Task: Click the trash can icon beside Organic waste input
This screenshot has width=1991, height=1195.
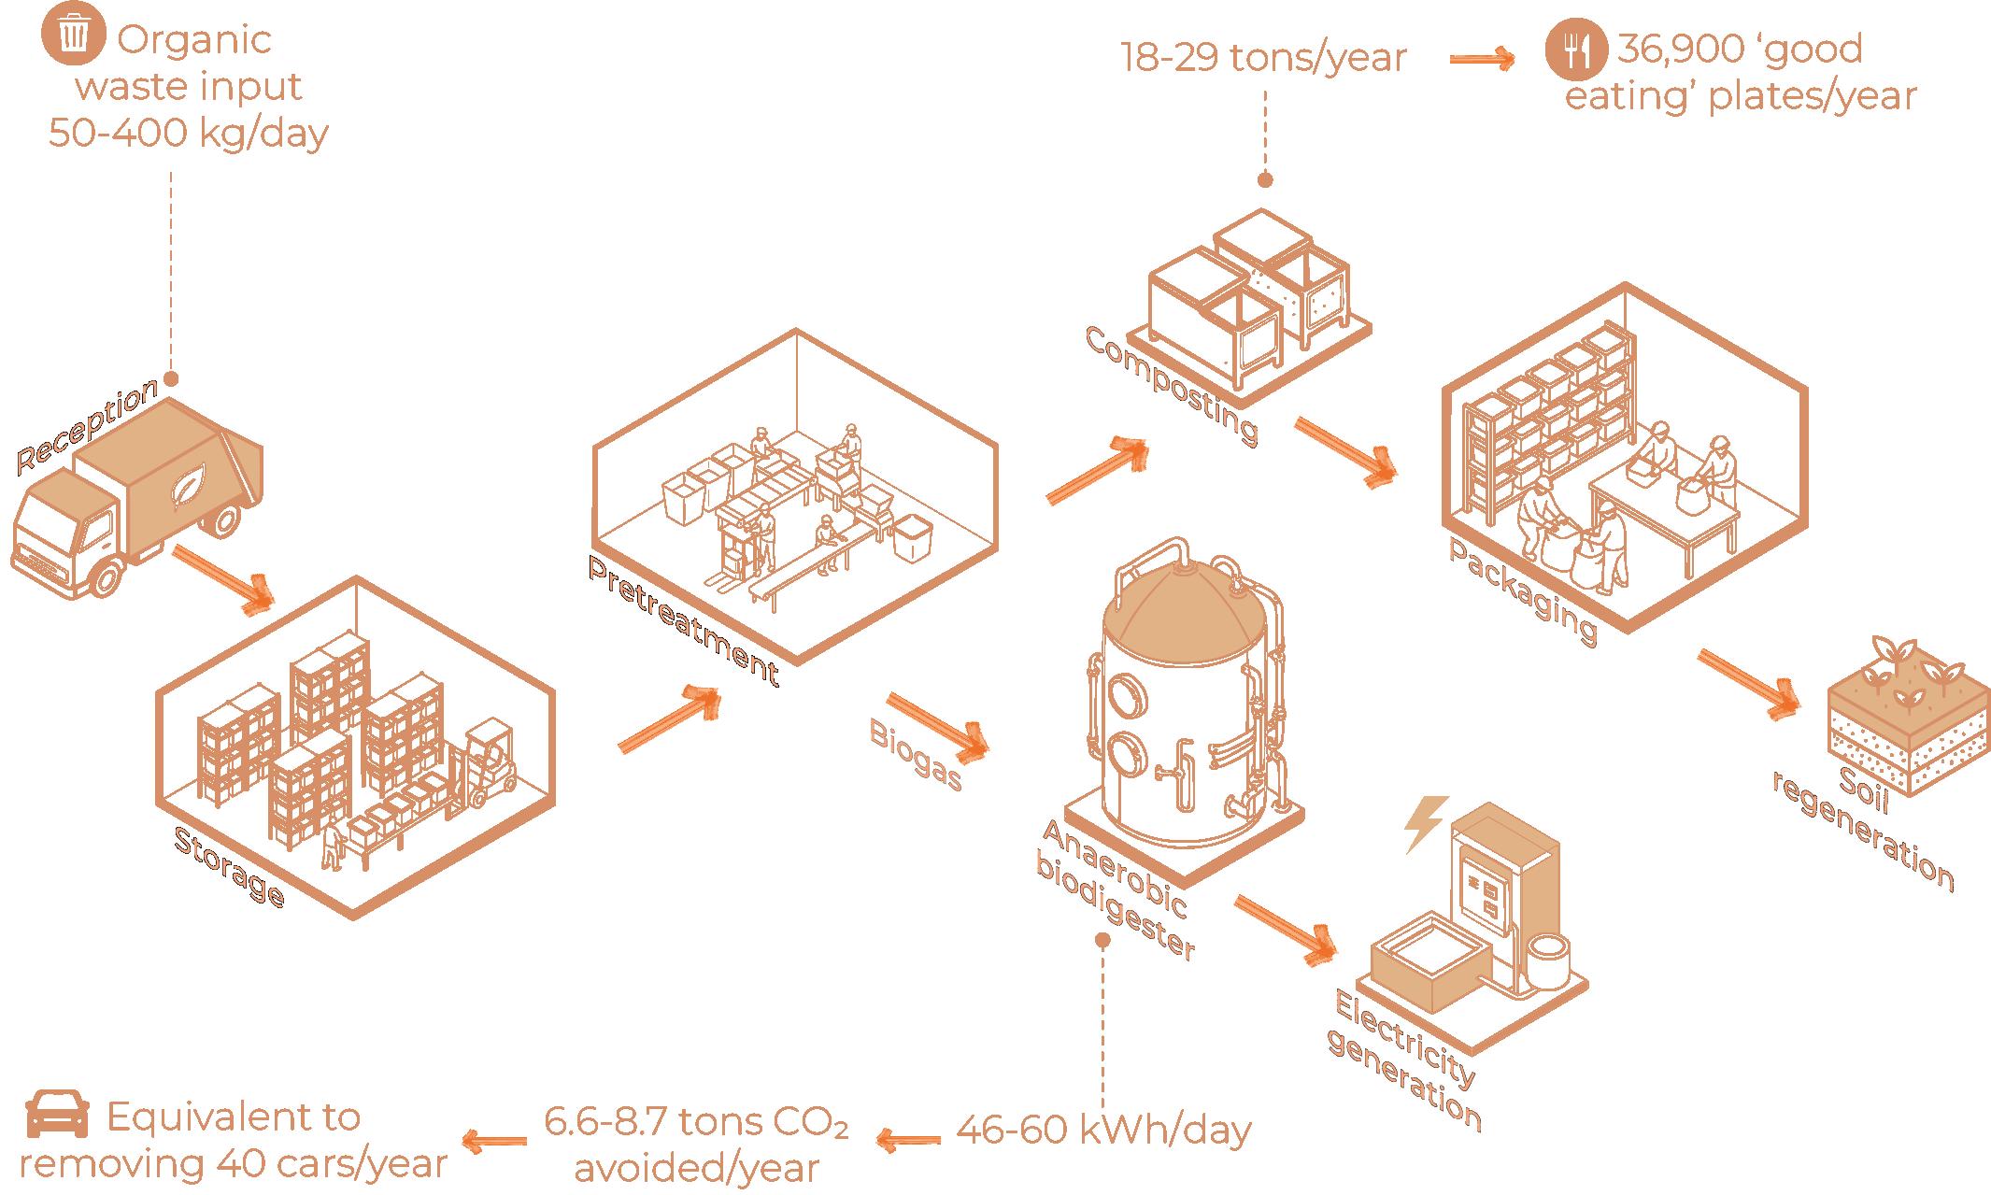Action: coord(72,36)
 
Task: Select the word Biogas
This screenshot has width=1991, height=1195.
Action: coord(916,754)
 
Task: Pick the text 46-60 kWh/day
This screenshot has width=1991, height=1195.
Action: coord(1103,1131)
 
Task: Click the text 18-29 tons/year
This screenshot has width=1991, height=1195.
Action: coord(1263,58)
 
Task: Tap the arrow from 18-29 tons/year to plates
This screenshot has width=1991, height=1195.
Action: coord(1483,59)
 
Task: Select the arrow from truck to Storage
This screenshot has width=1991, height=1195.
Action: coord(225,579)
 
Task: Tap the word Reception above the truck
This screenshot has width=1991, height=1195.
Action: coord(87,425)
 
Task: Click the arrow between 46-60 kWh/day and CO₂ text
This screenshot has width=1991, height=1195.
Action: coord(907,1138)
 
